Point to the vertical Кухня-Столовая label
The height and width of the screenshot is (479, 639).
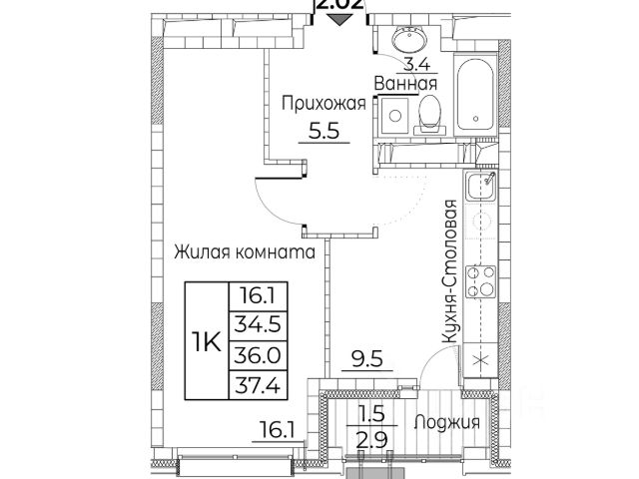451,272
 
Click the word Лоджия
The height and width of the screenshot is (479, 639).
449,422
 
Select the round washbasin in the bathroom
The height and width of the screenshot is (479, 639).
407,40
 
